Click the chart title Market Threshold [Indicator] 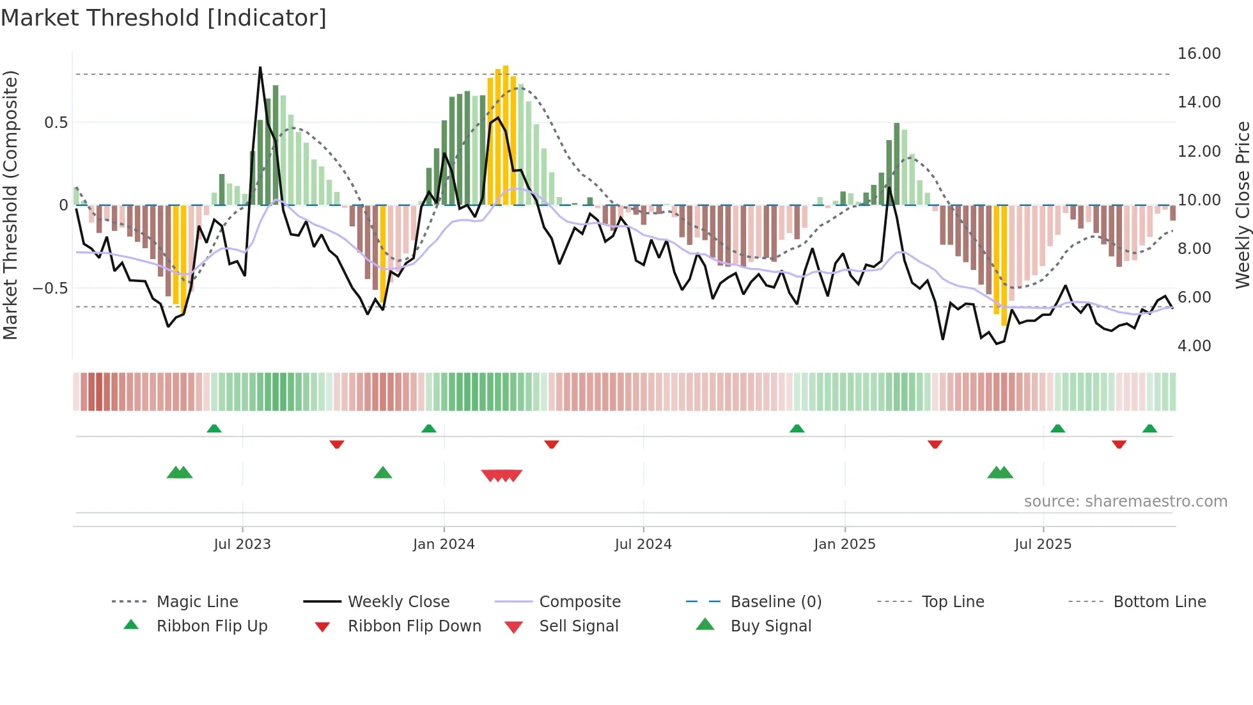tap(164, 18)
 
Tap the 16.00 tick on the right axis tap(1199, 54)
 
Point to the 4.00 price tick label tap(1194, 346)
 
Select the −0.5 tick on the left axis tap(50, 289)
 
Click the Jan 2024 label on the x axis tap(444, 544)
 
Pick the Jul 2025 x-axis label tap(1043, 544)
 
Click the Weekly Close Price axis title tap(1242, 205)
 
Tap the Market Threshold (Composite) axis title tap(10, 205)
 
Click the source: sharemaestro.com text tap(1125, 502)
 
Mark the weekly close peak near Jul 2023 tap(260, 68)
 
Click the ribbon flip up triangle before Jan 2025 tap(797, 429)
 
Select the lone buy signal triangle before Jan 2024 tap(382, 473)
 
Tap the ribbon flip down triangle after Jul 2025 tap(1119, 444)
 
